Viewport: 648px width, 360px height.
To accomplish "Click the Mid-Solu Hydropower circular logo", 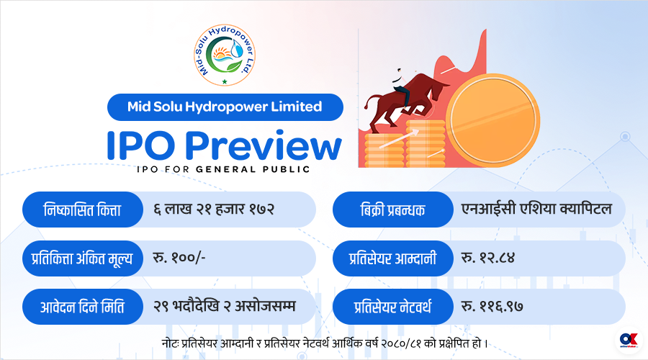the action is click(225, 55).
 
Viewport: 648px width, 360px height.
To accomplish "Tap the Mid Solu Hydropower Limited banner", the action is click(225, 107).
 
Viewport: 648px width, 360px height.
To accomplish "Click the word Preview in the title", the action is click(263, 145).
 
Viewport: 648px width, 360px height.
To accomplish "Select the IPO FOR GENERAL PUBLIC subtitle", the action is click(224, 169).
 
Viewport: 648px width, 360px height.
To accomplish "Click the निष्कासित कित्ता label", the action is click(82, 210).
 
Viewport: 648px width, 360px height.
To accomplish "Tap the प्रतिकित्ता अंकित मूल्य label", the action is click(82, 258).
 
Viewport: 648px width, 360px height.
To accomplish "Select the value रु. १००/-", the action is click(179, 258).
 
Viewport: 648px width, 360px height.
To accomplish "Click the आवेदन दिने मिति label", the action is click(82, 307).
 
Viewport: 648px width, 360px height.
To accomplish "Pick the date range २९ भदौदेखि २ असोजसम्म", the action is click(225, 306).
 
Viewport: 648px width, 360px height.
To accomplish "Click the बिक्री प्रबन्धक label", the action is click(392, 210).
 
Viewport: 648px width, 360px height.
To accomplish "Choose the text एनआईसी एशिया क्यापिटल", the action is click(536, 209).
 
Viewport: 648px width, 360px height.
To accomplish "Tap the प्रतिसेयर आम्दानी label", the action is click(392, 258).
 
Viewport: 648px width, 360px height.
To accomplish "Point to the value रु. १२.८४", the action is click(488, 258).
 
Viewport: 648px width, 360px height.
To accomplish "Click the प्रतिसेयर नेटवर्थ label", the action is click(392, 307).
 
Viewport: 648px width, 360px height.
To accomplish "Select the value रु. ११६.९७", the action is click(492, 306).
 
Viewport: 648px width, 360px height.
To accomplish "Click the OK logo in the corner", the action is click(629, 340).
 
